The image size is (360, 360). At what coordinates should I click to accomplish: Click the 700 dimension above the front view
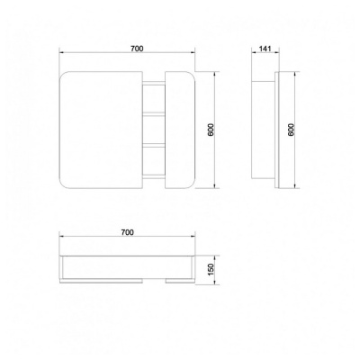click(x=137, y=48)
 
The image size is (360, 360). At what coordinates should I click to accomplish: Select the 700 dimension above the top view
click(x=127, y=232)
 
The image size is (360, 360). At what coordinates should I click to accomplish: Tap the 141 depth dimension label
click(x=265, y=49)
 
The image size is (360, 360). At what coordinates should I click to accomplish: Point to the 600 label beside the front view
click(x=211, y=130)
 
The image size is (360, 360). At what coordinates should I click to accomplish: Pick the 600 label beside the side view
click(x=292, y=130)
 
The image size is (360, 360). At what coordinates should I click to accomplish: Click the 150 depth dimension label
click(x=211, y=269)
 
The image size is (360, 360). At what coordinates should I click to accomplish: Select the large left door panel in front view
click(x=101, y=130)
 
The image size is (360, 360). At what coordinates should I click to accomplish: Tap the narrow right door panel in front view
click(x=181, y=130)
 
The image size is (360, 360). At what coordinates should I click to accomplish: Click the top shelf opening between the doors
click(x=154, y=99)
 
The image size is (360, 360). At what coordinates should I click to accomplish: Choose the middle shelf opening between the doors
click(x=154, y=130)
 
